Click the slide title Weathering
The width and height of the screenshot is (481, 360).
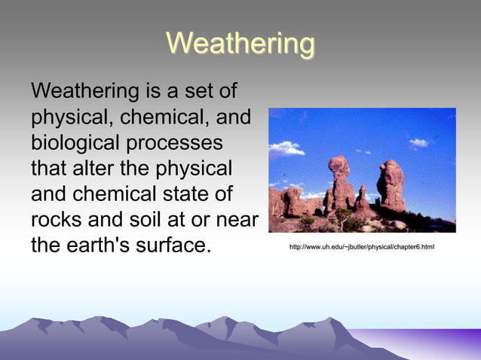[240, 43]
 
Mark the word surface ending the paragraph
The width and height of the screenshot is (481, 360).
[173, 245]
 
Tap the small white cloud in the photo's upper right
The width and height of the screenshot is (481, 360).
[418, 142]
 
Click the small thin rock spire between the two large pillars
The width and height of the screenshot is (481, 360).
[363, 199]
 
